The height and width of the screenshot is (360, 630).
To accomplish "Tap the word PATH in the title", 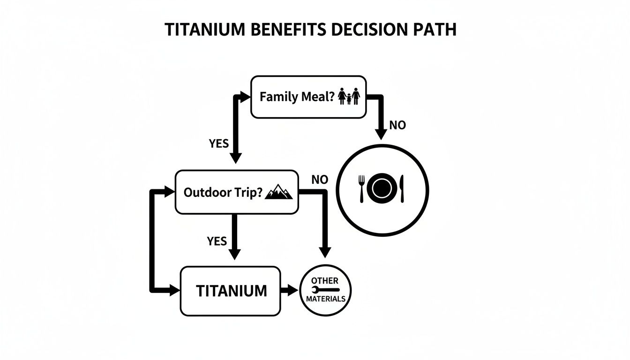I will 434,29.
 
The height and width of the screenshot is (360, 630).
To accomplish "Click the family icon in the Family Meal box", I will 349,97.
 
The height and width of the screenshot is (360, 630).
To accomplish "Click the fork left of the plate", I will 361,188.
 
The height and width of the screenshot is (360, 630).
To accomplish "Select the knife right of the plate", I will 403,188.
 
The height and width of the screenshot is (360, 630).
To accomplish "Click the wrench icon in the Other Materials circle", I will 325,290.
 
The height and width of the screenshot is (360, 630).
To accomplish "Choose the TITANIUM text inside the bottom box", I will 231,291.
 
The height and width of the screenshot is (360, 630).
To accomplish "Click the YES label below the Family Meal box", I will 218,144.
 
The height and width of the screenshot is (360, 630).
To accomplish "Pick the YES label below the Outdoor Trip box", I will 217,241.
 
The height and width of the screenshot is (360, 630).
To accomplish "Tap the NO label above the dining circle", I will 397,125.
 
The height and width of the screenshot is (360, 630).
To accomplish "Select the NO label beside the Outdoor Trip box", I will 320,180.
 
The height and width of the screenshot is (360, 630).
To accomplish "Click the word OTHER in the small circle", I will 325,281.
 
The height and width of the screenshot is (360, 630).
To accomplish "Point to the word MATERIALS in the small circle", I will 325,299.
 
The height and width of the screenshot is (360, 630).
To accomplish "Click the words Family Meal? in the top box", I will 298,97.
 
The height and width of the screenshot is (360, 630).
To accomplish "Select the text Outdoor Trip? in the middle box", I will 222,193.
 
